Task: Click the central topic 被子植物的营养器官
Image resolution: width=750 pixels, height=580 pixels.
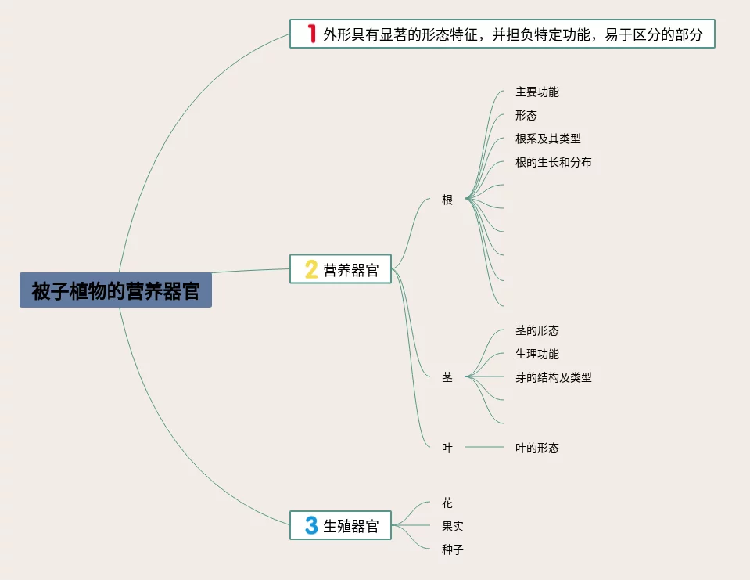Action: coord(116,290)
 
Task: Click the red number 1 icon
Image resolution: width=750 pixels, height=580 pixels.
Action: coord(311,34)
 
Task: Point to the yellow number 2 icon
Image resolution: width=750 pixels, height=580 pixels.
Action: coord(310,270)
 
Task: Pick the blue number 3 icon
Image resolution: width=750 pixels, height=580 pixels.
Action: coord(310,526)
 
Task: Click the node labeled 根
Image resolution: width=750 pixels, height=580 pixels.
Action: coord(447,200)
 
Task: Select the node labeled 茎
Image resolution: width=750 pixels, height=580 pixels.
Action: coord(447,377)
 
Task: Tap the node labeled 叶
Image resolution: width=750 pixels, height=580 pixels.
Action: coord(447,448)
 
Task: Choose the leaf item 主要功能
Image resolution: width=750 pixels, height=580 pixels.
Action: coord(537,92)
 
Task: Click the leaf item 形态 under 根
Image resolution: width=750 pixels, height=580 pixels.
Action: coord(526,115)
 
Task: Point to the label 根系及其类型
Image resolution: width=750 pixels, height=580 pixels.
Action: coord(548,139)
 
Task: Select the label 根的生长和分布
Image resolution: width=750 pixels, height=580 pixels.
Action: coord(554,162)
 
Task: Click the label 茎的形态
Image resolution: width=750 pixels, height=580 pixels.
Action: coord(537,330)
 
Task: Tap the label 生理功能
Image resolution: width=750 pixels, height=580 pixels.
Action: coord(537,354)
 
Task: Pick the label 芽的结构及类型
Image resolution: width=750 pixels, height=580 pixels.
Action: coord(554,377)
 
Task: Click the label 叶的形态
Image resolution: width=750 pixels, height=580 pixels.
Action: coord(537,448)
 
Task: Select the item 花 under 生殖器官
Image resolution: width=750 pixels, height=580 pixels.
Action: coord(447,503)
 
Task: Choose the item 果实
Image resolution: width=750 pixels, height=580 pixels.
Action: coord(453,526)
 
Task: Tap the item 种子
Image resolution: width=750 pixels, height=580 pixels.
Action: coord(453,549)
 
